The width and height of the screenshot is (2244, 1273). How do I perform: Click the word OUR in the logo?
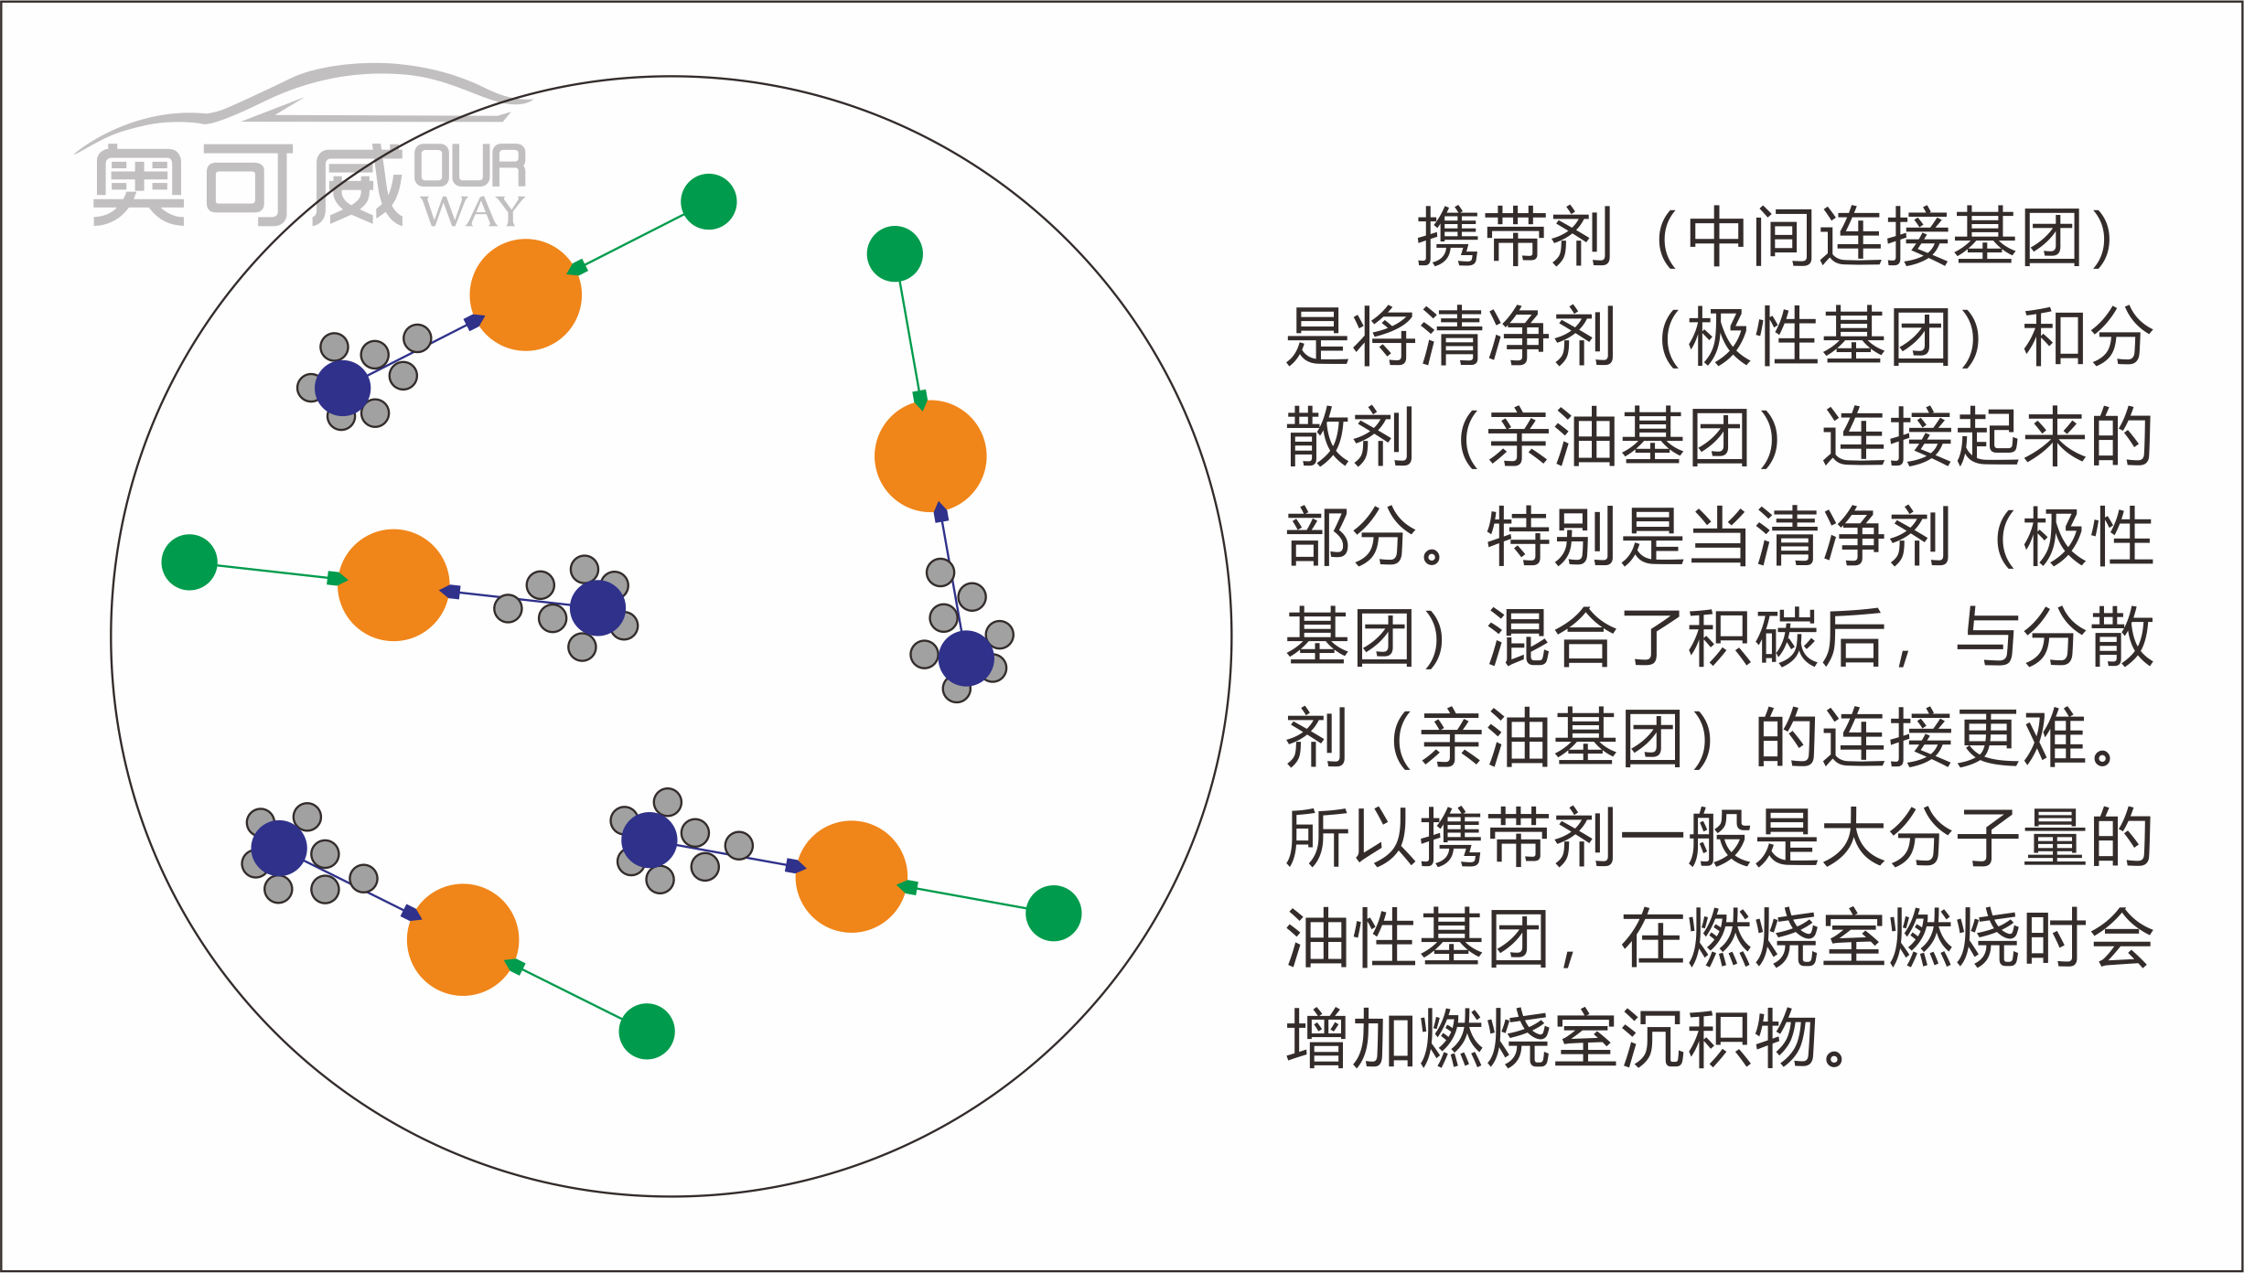pyautogui.click(x=470, y=166)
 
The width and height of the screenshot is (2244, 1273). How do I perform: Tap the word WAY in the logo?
pyautogui.click(x=473, y=212)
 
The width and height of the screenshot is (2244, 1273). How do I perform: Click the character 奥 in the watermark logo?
pyautogui.click(x=138, y=185)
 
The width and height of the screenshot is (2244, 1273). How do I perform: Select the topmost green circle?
pyautogui.click(x=709, y=201)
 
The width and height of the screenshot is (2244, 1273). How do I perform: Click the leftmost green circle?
pyautogui.click(x=189, y=562)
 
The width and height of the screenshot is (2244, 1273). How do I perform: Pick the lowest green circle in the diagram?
pyautogui.click(x=647, y=1032)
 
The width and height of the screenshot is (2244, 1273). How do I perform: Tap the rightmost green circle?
pyautogui.click(x=1054, y=913)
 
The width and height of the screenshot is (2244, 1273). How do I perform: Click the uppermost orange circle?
pyautogui.click(x=526, y=294)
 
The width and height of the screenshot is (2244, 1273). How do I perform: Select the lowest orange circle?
pyautogui.click(x=463, y=939)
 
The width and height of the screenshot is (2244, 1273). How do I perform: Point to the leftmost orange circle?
pyautogui.click(x=393, y=585)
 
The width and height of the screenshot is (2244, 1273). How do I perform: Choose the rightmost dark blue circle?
pyautogui.click(x=966, y=658)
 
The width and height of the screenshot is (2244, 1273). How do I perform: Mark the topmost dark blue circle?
pyautogui.click(x=342, y=388)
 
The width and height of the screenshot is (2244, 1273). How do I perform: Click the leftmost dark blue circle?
pyautogui.click(x=279, y=849)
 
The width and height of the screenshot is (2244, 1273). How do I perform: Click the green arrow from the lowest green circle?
pyautogui.click(x=567, y=991)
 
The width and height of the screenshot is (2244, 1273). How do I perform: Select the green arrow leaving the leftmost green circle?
pyautogui.click(x=274, y=572)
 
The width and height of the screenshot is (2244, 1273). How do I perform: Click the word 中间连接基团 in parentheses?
pyautogui.click(x=1885, y=238)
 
